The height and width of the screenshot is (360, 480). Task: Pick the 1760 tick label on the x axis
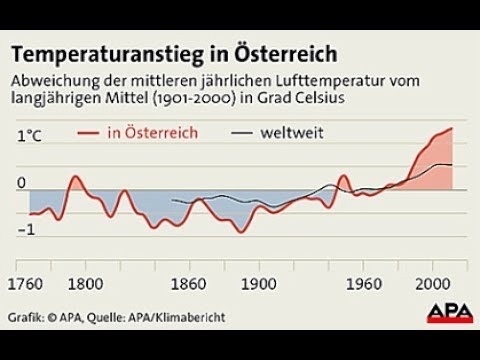pyautogui.click(x=27, y=282)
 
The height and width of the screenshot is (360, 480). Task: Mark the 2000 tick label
pyautogui.click(x=436, y=282)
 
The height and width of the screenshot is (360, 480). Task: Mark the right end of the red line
pyautogui.click(x=453, y=128)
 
